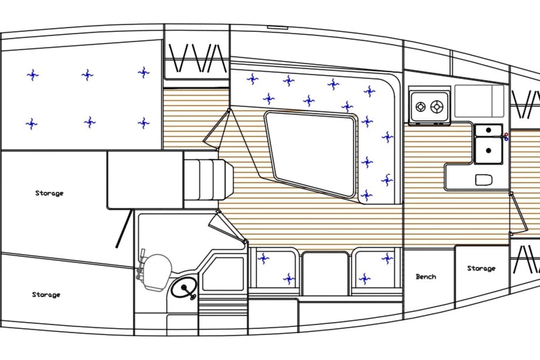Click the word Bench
tap(426, 277)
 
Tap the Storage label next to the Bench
tap(481, 268)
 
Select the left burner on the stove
tap(421, 107)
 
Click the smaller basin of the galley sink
tap(489, 130)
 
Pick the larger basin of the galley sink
tap(489, 151)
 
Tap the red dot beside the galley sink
tap(506, 134)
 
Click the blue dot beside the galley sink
tap(506, 140)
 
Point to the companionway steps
tap(207, 177)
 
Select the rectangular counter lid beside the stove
tap(479, 101)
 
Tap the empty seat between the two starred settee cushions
tap(325, 273)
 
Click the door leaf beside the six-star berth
tap(217, 129)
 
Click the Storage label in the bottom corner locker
tap(46, 295)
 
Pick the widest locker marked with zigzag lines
tap(197, 58)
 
